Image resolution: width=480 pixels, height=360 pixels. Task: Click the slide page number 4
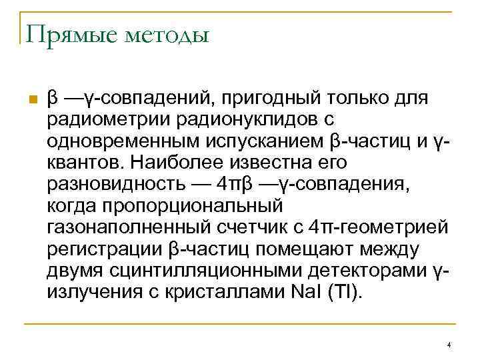click(x=449, y=345)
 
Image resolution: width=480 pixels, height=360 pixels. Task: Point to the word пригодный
click(x=266, y=99)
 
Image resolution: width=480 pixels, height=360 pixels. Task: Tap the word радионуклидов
click(x=239, y=121)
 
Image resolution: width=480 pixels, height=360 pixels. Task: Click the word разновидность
click(x=107, y=183)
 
